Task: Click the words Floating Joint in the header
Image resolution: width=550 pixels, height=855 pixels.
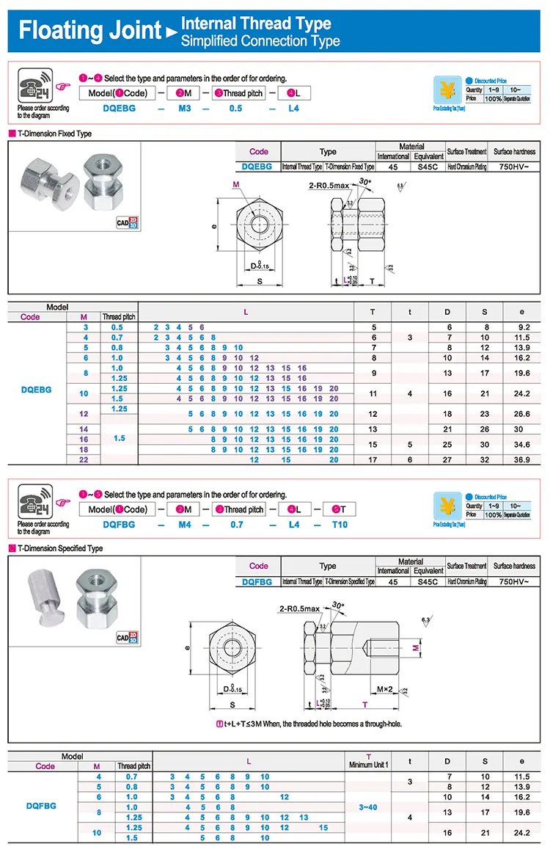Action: coord(89,31)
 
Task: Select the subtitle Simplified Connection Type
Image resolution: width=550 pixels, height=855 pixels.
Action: coord(260,41)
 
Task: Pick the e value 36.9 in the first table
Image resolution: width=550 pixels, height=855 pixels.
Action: coord(521,459)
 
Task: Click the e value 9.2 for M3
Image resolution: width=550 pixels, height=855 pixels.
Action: coord(521,327)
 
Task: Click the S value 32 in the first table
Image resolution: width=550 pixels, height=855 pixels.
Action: coord(485,459)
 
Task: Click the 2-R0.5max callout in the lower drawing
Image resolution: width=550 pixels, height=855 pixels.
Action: coord(300,608)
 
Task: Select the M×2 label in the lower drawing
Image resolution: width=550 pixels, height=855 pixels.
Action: coord(386,689)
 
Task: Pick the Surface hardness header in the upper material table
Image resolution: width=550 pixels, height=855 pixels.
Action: coord(514,152)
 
